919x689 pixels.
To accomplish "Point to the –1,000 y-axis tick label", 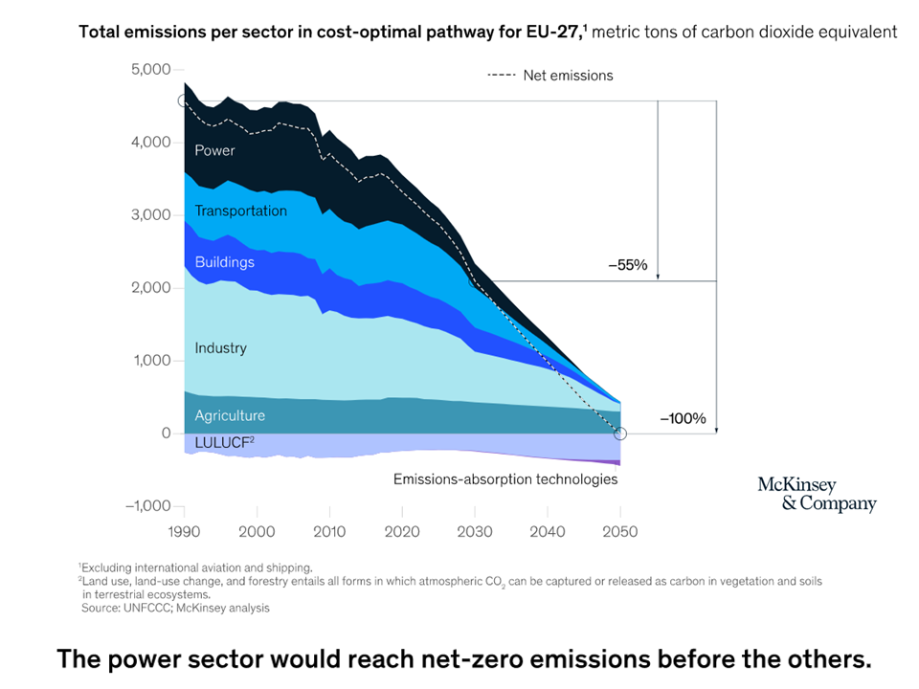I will [147, 506].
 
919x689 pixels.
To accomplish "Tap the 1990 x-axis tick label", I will [184, 532].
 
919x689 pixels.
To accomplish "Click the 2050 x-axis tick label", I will [620, 532].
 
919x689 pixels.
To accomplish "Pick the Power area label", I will [214, 150].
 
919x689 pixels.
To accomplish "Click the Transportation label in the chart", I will [240, 211].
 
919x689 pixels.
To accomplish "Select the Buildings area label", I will [224, 262].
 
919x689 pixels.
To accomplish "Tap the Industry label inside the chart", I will [220, 348].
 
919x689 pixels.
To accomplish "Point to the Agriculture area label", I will [230, 416].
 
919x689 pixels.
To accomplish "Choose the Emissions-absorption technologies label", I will [505, 479].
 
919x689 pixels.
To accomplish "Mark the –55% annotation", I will [628, 267].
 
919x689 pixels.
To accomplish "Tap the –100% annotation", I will [683, 418].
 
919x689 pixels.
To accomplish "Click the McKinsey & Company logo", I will [816, 494].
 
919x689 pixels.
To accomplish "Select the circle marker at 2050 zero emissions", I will [619, 433].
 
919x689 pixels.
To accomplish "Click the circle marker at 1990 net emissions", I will [184, 100].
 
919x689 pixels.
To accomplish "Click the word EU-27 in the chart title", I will [554, 32].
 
